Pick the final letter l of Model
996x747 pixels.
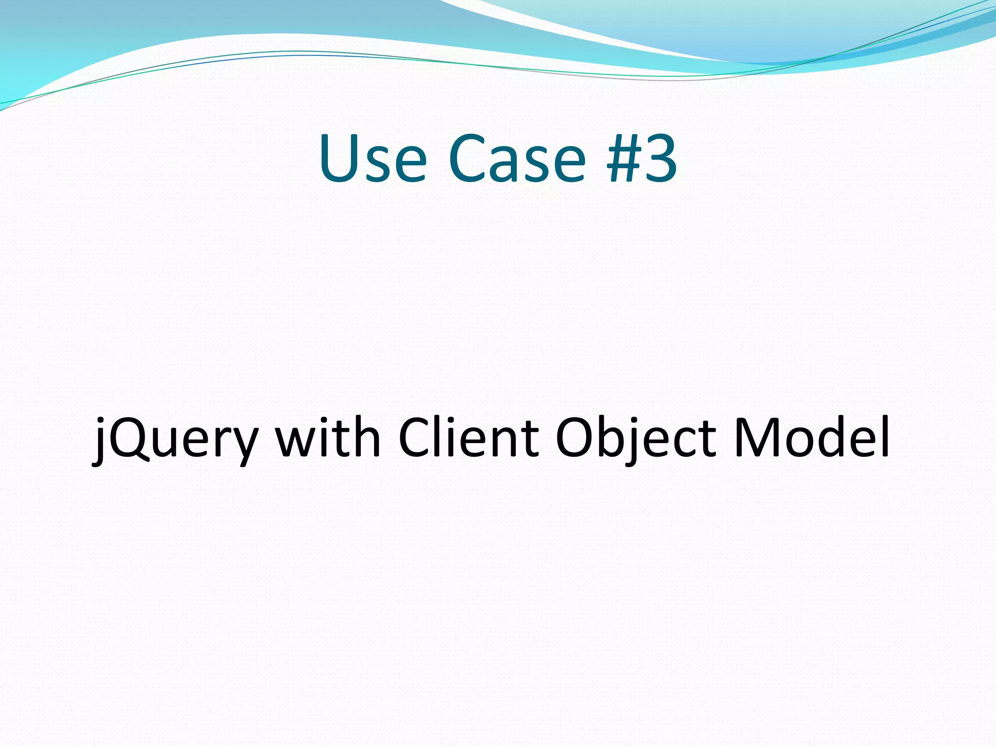(885, 435)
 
